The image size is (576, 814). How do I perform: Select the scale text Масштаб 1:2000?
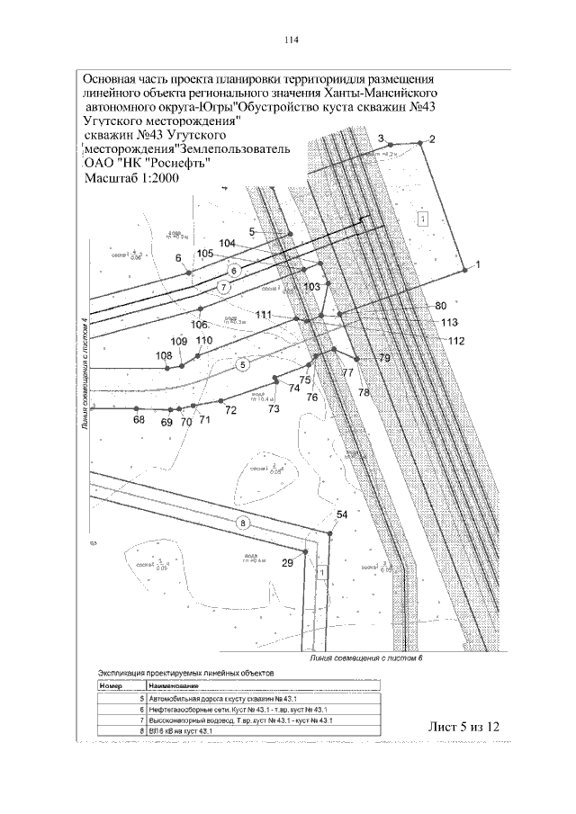click(x=130, y=178)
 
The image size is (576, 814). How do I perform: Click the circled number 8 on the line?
click(x=240, y=523)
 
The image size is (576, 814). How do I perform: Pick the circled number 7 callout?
click(x=224, y=287)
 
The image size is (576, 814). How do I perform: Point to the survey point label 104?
click(x=227, y=244)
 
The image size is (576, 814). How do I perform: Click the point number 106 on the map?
click(x=199, y=325)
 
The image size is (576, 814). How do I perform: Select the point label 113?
click(x=450, y=322)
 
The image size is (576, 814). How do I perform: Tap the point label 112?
click(x=455, y=340)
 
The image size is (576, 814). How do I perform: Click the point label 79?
click(x=384, y=359)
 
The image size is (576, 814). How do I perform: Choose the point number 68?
click(x=139, y=420)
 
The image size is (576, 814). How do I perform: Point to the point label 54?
click(x=341, y=514)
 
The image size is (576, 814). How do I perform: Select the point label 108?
click(x=163, y=356)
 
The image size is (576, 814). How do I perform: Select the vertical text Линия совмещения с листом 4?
click(x=85, y=374)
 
